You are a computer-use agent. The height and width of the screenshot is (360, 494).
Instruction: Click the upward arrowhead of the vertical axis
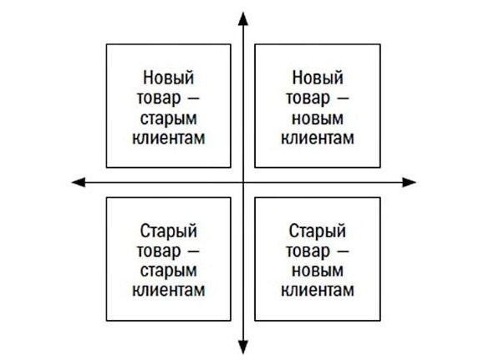[x=243, y=18]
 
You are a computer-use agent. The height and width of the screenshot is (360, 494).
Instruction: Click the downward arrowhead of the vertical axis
[x=243, y=347]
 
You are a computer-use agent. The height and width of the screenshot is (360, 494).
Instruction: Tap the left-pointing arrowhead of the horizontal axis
[x=79, y=182]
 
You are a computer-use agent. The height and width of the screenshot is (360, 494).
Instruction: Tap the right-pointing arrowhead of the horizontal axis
[x=410, y=182]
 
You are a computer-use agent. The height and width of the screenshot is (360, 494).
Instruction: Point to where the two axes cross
[x=243, y=182]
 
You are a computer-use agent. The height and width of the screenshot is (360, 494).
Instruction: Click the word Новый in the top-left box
[x=169, y=78]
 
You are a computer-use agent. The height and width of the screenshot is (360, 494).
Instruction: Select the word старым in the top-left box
[x=169, y=119]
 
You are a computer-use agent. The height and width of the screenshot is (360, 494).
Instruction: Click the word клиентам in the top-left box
[x=169, y=138]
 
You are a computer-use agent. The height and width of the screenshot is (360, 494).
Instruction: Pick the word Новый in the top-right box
[x=318, y=78]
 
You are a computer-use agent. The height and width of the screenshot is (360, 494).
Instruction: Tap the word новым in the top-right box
[x=318, y=119]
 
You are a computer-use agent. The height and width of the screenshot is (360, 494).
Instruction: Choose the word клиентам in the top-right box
[x=318, y=138]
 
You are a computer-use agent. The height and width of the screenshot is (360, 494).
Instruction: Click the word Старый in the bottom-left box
[x=169, y=231]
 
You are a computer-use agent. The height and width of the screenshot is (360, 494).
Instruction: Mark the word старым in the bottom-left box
[x=169, y=271]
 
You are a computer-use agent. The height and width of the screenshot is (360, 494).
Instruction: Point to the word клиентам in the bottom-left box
[x=169, y=290]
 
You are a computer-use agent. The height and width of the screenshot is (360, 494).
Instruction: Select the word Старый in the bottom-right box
[x=318, y=231]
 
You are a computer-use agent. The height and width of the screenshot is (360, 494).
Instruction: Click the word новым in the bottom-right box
[x=318, y=271]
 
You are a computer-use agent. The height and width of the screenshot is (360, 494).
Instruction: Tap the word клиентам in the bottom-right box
[x=318, y=290]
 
